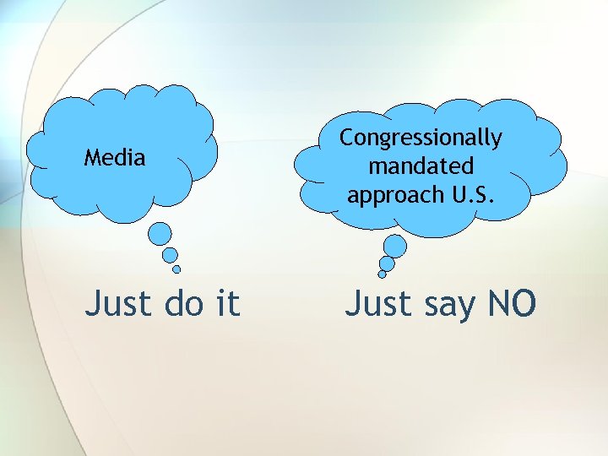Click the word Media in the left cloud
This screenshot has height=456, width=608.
[x=115, y=157]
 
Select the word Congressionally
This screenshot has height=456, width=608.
[x=421, y=138]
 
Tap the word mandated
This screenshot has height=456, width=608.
[x=421, y=166]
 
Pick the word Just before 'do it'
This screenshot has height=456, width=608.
[x=116, y=303]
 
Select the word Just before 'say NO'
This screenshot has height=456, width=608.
[x=377, y=303]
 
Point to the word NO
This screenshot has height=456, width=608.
[x=509, y=303]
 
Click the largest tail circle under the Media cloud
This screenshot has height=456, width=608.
[x=160, y=234]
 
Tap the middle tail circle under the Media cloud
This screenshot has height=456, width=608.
[x=170, y=255]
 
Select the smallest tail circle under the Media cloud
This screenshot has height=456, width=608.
[x=176, y=269]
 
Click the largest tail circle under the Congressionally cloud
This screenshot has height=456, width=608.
[x=394, y=246]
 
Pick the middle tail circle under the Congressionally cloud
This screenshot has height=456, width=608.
[x=387, y=263]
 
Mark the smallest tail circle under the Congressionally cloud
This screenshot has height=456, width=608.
[x=382, y=274]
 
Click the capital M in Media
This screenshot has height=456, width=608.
[x=92, y=157]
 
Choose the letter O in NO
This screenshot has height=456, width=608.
[x=522, y=303]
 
